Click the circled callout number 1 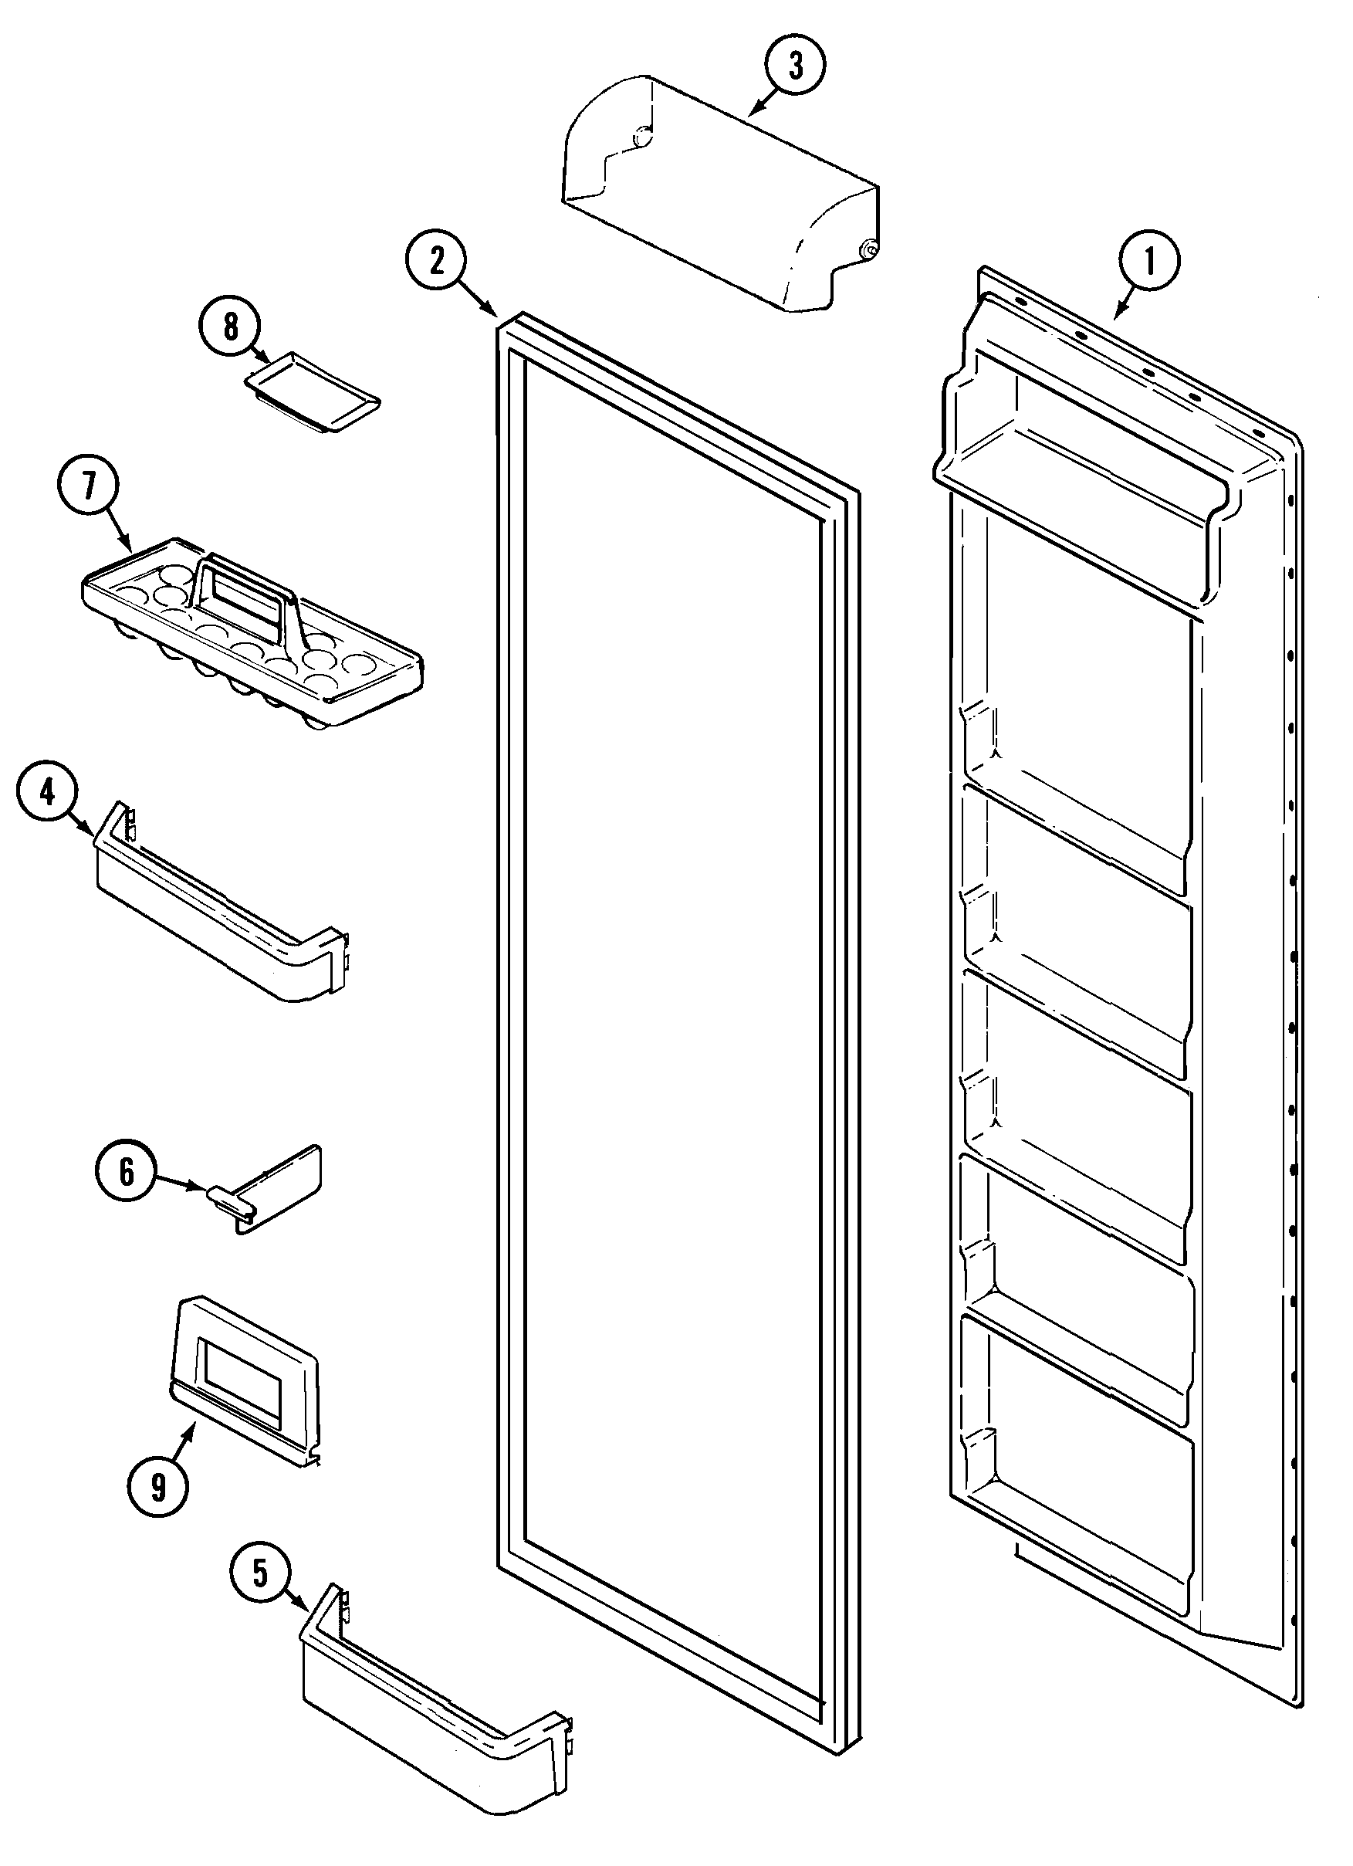pyautogui.click(x=1149, y=262)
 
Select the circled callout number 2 pyautogui.click(x=436, y=262)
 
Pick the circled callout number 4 pyautogui.click(x=47, y=793)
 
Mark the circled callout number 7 pyautogui.click(x=88, y=486)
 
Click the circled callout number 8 pyautogui.click(x=230, y=327)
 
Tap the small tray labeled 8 pyautogui.click(x=313, y=388)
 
